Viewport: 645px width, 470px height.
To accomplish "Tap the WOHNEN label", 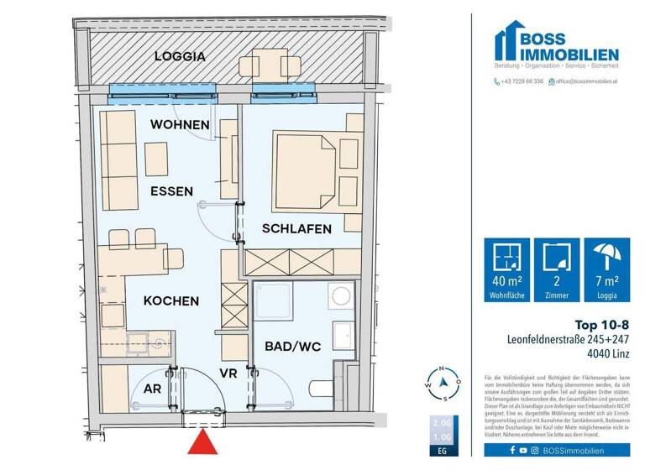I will click(180, 125).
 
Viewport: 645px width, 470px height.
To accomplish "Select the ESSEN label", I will click(172, 191).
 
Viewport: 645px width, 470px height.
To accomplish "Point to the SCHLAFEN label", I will click(296, 228).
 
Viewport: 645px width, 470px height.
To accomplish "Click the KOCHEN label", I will click(170, 300).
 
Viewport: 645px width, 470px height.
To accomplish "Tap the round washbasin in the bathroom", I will click(341, 296).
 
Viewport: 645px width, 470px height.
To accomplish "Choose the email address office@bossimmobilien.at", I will click(585, 81).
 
